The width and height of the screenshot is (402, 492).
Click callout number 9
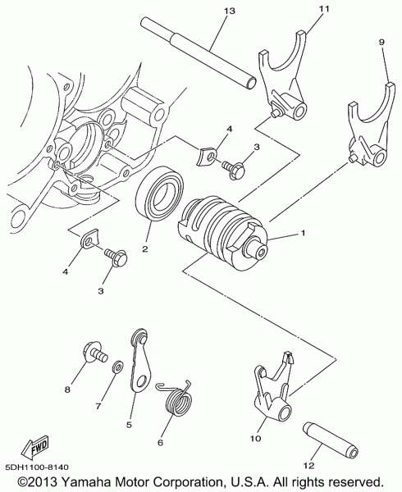point(381,40)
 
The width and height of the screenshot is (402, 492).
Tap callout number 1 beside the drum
point(303,234)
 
